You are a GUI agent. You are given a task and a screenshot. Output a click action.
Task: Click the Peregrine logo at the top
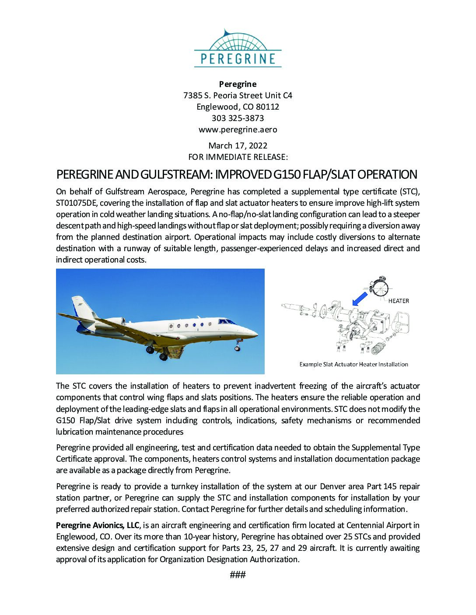[238, 48]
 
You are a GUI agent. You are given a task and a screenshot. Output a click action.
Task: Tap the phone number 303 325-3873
[238, 118]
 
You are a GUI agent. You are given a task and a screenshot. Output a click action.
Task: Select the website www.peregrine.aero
[238, 129]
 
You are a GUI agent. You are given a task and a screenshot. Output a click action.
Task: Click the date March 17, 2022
[238, 145]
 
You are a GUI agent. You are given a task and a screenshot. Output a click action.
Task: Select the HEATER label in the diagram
[398, 301]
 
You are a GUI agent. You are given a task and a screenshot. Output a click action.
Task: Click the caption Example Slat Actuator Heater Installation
[353, 364]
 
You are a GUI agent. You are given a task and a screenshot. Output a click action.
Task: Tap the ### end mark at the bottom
[238, 575]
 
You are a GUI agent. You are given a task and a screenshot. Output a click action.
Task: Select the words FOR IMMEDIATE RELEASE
[238, 157]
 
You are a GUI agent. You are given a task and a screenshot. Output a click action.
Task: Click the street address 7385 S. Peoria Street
[223, 95]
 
